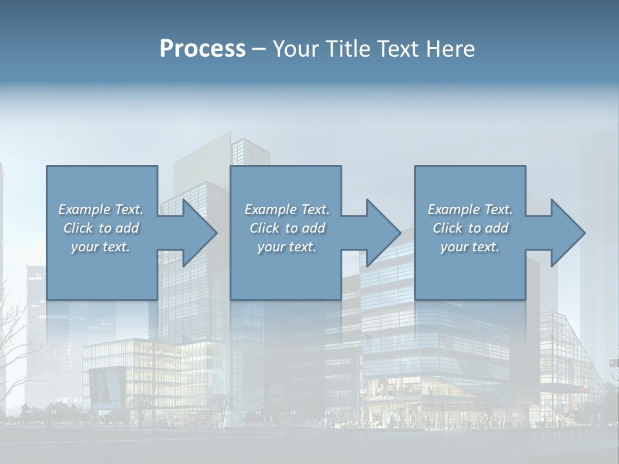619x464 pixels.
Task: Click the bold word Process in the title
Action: (202, 49)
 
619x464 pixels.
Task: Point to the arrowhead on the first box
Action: (197, 233)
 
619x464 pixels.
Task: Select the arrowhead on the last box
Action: (565, 233)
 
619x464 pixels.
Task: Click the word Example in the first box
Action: (84, 209)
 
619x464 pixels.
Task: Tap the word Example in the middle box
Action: (270, 209)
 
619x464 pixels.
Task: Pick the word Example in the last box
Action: (453, 209)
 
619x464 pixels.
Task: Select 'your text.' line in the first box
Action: (101, 247)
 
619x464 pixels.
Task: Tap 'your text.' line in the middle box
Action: (287, 247)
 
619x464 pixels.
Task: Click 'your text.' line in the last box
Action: (470, 247)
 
